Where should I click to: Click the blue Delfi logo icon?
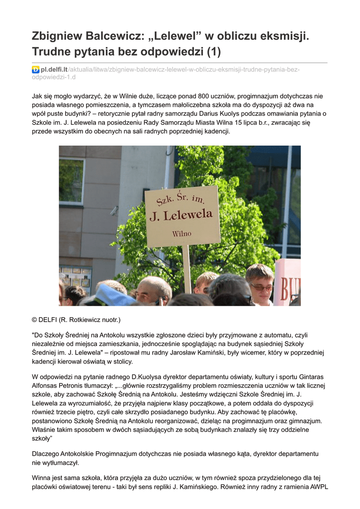35,70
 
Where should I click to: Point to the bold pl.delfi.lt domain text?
54,70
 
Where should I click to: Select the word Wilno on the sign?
181,233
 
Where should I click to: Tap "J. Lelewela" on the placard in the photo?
181,215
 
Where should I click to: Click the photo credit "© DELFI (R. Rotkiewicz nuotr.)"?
76,319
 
